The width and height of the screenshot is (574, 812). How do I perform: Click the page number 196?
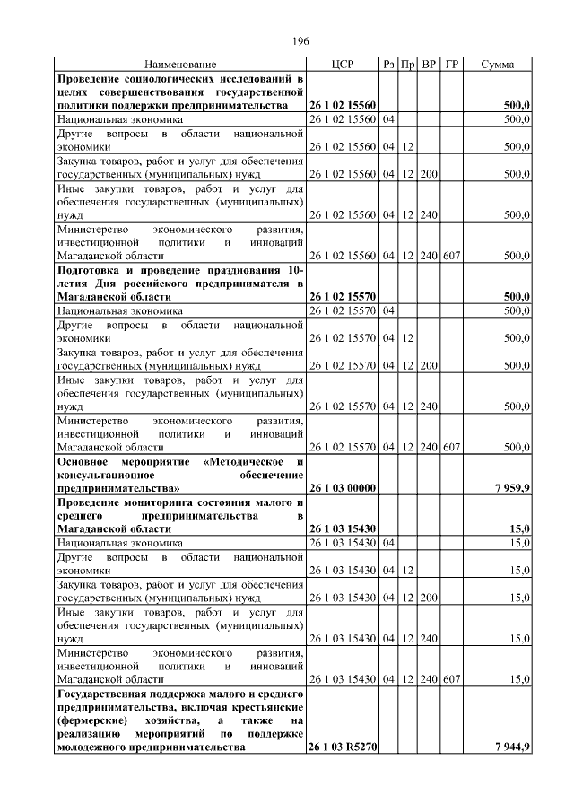[300, 40]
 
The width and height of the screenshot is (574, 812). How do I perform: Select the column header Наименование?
[180, 65]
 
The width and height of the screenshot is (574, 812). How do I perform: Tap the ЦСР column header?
[342, 65]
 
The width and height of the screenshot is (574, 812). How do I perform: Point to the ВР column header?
[429, 65]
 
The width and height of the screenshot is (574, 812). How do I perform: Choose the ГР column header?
[452, 65]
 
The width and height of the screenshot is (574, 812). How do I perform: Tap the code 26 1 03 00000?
[342, 487]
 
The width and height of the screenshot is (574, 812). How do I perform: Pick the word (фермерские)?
[88, 720]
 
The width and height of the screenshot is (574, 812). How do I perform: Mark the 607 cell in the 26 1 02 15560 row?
[452, 255]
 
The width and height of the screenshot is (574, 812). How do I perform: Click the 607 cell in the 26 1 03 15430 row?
[452, 679]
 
